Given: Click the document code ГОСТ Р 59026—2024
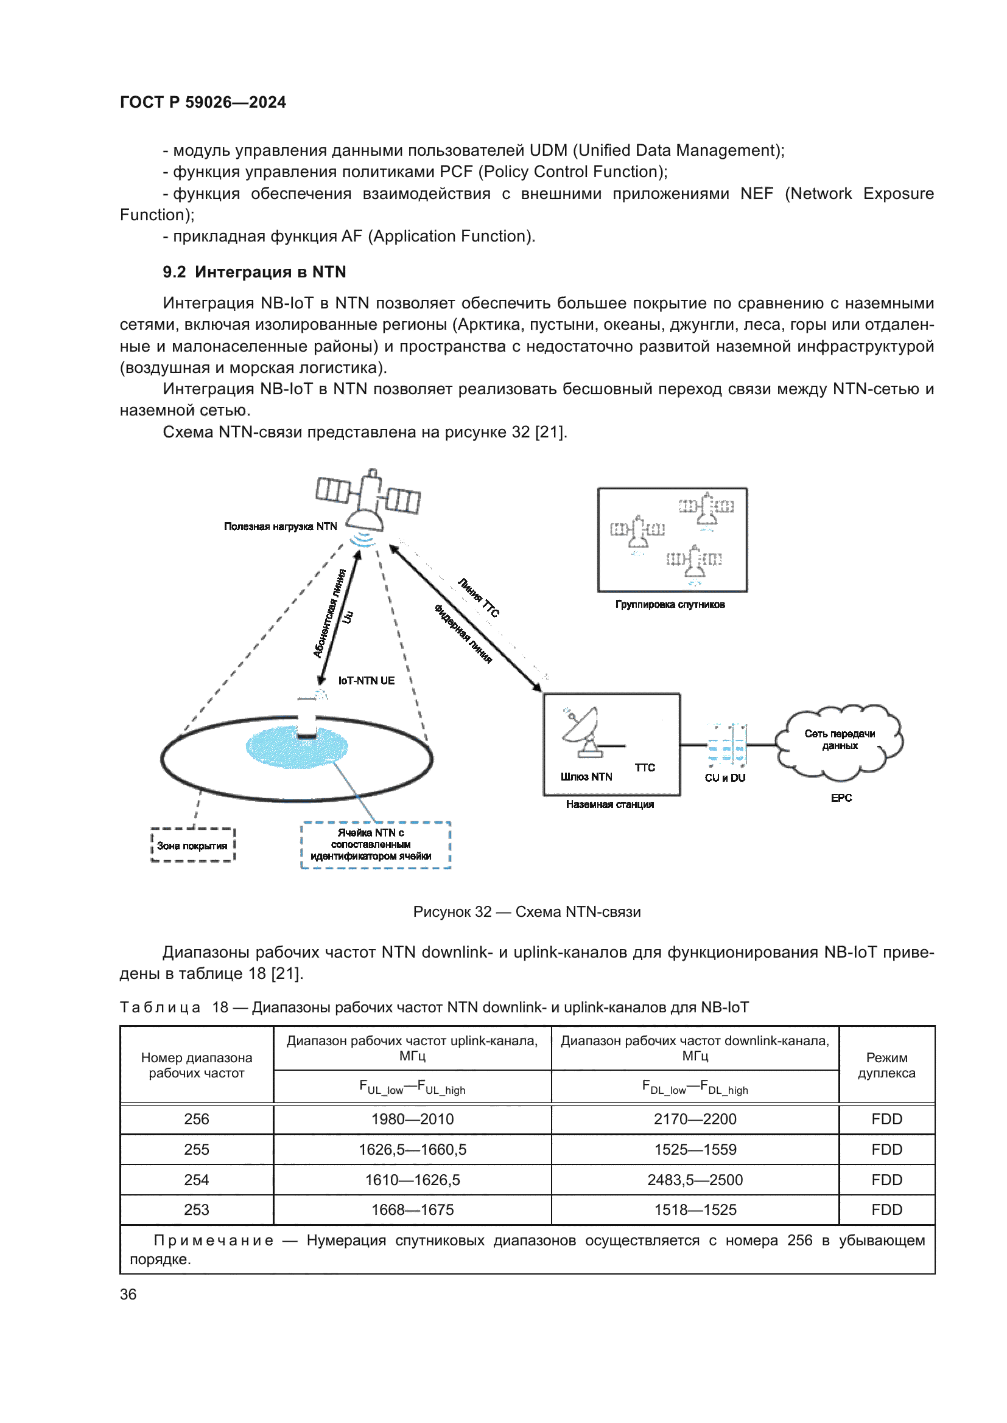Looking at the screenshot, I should pos(203,102).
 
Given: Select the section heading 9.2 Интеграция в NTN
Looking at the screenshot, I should pos(254,272).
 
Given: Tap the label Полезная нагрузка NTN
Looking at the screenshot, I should pos(280,526).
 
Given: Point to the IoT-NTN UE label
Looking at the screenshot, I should pos(366,681).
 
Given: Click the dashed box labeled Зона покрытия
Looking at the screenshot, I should pos(192,846).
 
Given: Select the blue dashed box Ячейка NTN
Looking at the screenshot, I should pos(375,845).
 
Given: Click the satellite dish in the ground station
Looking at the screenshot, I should pos(583,732).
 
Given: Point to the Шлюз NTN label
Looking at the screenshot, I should pos(586,776).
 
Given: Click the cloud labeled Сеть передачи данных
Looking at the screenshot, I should pos(840,740).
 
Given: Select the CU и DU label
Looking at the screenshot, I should pos(725,778).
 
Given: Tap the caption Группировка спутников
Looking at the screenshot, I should pos(670,604).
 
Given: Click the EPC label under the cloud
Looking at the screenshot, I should pos(841,798).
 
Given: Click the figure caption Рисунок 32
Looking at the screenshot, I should pos(527,912).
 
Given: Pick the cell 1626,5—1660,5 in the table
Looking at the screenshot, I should pos(412,1150).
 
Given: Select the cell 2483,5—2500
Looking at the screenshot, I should pos(695,1180).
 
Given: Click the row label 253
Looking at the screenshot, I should pos(197,1210).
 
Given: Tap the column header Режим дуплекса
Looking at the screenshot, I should pos(886,1065).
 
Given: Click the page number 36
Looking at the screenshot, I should pos(128,1294).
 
